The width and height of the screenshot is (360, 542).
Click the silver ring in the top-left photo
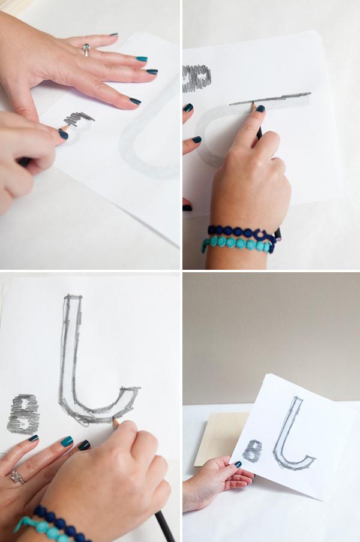point(86,49)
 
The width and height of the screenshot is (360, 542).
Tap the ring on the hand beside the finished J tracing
point(15,477)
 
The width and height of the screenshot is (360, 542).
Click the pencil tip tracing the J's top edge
point(253,104)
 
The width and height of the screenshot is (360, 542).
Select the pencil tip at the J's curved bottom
point(113,419)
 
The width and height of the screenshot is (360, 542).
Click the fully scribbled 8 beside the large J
point(23,414)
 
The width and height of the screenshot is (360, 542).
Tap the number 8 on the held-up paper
point(254,450)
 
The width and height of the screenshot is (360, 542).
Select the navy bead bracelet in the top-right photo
point(240,232)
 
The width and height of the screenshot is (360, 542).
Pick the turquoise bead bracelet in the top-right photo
point(237,245)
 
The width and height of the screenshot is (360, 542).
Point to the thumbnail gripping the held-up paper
point(238,464)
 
